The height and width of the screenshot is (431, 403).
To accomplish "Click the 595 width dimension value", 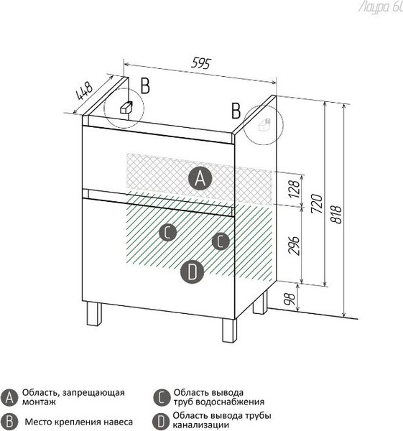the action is pyautogui.click(x=201, y=63).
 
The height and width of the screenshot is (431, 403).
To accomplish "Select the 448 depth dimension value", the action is pyautogui.click(x=84, y=91).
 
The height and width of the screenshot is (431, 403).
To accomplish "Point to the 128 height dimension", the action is pyautogui.click(x=294, y=188).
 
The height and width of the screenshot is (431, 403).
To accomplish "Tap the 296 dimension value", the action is pyautogui.click(x=294, y=245).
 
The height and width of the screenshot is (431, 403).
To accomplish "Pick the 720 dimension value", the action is pyautogui.click(x=316, y=203).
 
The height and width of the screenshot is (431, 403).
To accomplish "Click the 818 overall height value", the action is pyautogui.click(x=335, y=214).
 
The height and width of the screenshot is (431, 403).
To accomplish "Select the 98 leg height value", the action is pyautogui.click(x=290, y=299).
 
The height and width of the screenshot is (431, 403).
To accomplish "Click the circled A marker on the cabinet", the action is pyautogui.click(x=200, y=178).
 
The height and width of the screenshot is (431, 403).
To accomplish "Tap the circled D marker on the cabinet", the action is pyautogui.click(x=192, y=272).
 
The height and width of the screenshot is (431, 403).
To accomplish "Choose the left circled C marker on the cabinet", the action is pyautogui.click(x=167, y=232).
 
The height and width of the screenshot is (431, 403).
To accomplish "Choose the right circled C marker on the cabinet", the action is pyautogui.click(x=221, y=241).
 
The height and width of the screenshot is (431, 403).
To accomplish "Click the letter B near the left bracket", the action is pyautogui.click(x=145, y=85).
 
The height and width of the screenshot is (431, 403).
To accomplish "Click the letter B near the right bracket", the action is pyautogui.click(x=236, y=111).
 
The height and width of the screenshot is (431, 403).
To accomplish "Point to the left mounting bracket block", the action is pyautogui.click(x=126, y=107).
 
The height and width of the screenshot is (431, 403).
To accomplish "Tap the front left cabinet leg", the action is pyautogui.click(x=93, y=314).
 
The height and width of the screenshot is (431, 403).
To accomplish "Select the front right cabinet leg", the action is pyautogui.click(x=230, y=330).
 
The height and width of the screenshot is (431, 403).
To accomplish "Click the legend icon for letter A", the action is pyautogui.click(x=9, y=397).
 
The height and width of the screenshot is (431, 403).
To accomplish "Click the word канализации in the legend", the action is pyautogui.click(x=200, y=425).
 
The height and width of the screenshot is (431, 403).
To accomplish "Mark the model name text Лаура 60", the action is pyautogui.click(x=381, y=7).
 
